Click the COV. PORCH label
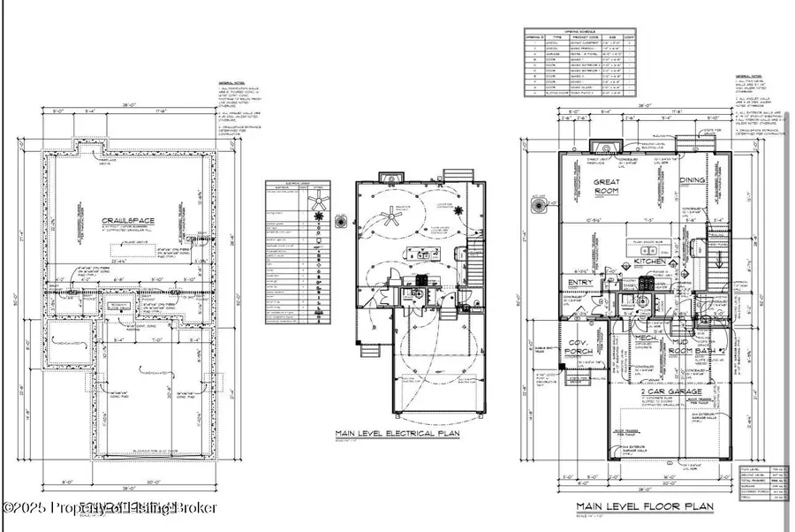[579, 352]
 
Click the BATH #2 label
[711, 351]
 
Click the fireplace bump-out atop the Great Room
[603, 146]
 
